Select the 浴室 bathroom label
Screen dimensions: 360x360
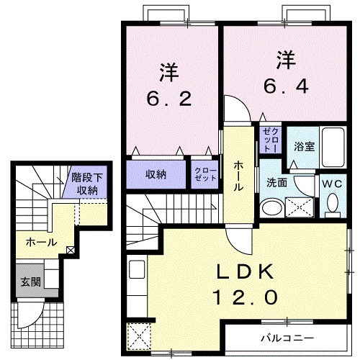[303, 146]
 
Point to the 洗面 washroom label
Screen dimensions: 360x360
[277, 183]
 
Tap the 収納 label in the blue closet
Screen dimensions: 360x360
[157, 174]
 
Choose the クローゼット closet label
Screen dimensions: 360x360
[205, 174]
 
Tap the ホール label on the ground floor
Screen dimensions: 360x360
[40, 242]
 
